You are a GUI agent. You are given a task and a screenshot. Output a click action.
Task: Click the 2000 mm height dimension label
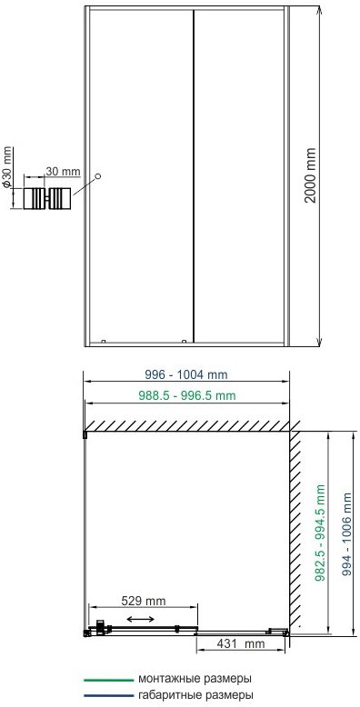click(x=310, y=175)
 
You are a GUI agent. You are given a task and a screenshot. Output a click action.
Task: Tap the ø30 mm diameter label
click(x=6, y=166)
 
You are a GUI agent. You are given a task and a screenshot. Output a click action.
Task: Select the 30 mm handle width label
click(x=63, y=172)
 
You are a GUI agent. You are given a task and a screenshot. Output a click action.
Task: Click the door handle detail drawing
click(x=47, y=198)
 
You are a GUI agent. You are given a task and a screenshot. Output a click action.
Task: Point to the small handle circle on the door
click(x=98, y=176)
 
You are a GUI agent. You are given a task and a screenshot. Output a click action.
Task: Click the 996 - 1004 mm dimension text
click(x=186, y=374)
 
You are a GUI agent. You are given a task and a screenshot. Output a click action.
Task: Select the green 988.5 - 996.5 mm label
click(x=186, y=395)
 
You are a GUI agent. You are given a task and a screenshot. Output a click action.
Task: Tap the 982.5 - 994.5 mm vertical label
click(x=320, y=533)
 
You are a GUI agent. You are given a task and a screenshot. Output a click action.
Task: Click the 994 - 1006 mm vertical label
click(x=346, y=533)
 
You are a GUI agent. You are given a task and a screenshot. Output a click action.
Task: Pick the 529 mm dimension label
click(x=144, y=601)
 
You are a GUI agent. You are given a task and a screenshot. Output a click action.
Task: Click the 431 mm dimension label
click(x=241, y=644)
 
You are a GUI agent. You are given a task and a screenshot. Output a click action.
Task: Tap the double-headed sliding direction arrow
click(x=140, y=619)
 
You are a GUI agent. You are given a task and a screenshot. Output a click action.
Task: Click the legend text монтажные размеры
click(x=195, y=679)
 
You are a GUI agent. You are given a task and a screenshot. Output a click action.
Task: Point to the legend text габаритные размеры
click(x=195, y=694)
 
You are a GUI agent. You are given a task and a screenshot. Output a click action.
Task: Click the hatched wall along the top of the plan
click(x=187, y=426)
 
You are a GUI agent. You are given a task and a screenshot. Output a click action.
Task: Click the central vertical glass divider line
click(x=194, y=176)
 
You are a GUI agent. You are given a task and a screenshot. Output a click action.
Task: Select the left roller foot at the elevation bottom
click(x=104, y=341)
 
